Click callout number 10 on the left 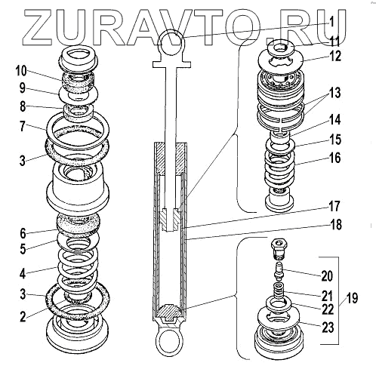click(x=21, y=71)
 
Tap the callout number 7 click(x=23, y=126)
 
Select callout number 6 click(x=23, y=234)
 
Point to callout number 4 click(x=23, y=273)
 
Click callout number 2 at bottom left click(x=23, y=317)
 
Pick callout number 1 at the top click(x=331, y=22)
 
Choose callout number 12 click(x=335, y=56)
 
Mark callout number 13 click(x=335, y=92)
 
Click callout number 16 click(x=335, y=158)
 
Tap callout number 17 click(x=334, y=206)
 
